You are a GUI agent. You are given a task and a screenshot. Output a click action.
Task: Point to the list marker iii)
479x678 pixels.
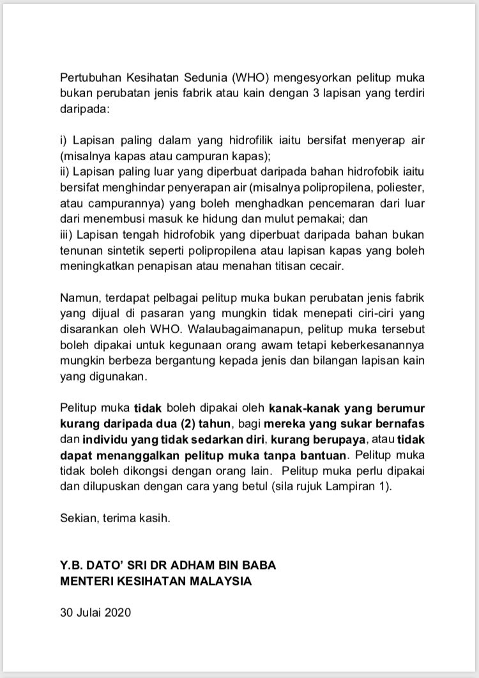66,233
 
